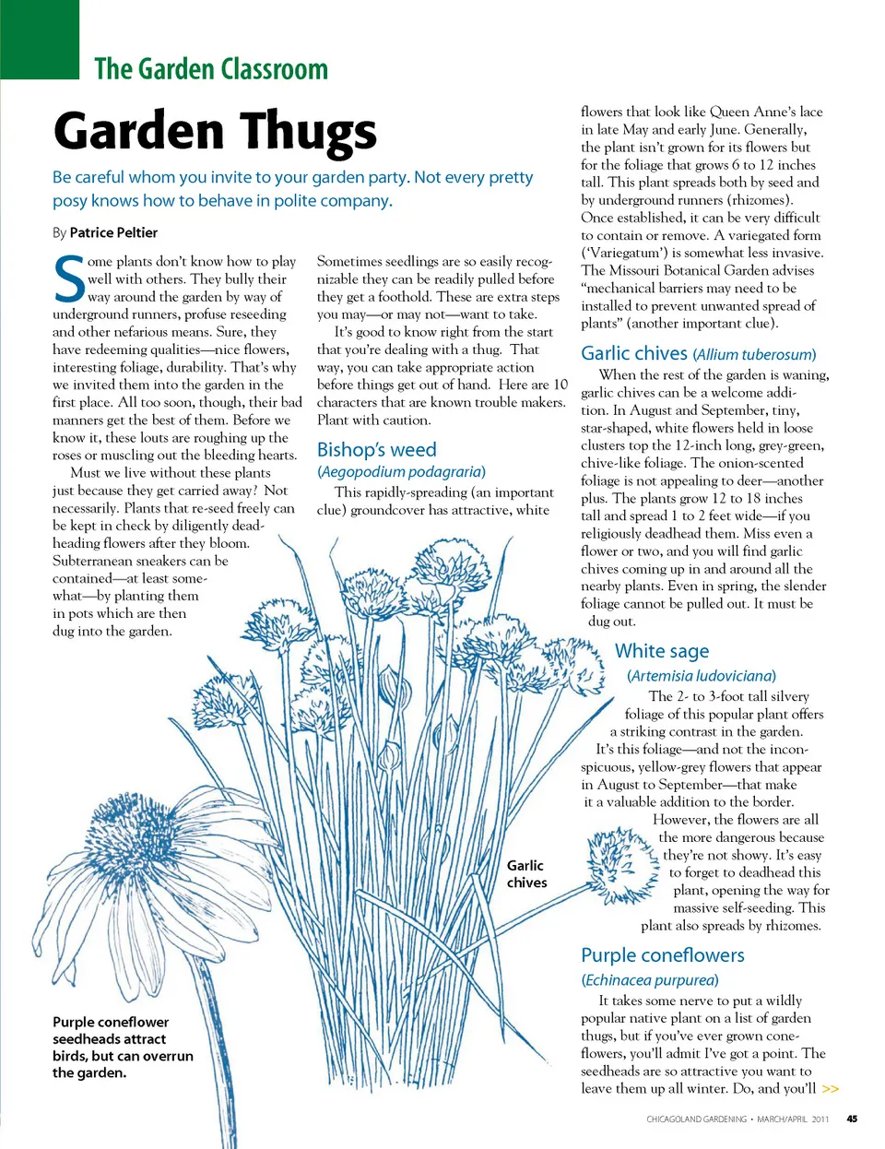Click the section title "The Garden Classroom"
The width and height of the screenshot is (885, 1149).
pyautogui.click(x=211, y=69)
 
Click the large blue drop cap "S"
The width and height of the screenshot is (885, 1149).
pyautogui.click(x=69, y=278)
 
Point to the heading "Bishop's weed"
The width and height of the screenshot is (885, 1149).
pyautogui.click(x=376, y=450)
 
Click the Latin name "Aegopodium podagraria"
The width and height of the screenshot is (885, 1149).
pyautogui.click(x=401, y=471)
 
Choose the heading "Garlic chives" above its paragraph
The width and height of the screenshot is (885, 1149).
pyautogui.click(x=634, y=353)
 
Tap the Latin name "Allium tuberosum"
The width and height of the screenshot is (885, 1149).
pyautogui.click(x=755, y=355)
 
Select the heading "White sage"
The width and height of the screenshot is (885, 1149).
pyautogui.click(x=662, y=651)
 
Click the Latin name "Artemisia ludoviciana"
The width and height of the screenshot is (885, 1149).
pyautogui.click(x=701, y=676)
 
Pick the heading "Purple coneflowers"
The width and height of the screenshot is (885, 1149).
pyautogui.click(x=663, y=955)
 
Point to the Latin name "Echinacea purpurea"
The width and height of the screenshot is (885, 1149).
pyautogui.click(x=650, y=979)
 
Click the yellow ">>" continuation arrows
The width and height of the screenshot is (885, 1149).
pyautogui.click(x=831, y=1089)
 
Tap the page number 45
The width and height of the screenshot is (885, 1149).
pyautogui.click(x=852, y=1119)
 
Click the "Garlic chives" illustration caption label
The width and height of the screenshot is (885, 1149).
pyautogui.click(x=526, y=874)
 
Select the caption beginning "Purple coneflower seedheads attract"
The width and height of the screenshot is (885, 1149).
pyautogui.click(x=123, y=1047)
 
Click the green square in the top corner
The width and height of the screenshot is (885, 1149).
pyautogui.click(x=40, y=40)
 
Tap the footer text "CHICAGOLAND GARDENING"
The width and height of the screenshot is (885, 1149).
pyautogui.click(x=696, y=1119)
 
